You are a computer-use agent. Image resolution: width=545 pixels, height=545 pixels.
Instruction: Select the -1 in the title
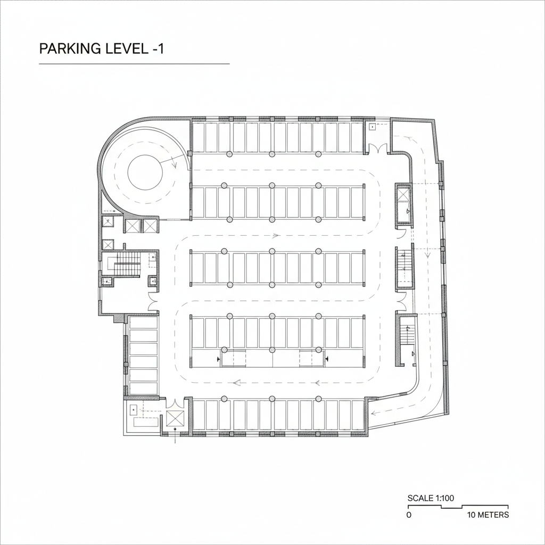(157, 48)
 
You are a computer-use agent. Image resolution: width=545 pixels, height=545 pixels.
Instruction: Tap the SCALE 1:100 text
(431, 498)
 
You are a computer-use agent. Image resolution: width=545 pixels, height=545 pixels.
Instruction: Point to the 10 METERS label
(488, 515)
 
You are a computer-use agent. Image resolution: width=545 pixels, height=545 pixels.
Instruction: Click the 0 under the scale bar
(409, 515)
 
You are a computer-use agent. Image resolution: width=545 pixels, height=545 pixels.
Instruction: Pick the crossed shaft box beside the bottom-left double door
(175, 418)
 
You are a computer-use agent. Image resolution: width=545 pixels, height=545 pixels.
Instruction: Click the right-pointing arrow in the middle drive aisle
(275, 235)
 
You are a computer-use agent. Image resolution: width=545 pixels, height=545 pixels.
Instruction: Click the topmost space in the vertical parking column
(144, 323)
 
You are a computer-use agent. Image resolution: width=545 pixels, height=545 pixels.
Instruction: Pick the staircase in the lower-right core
(408, 335)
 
